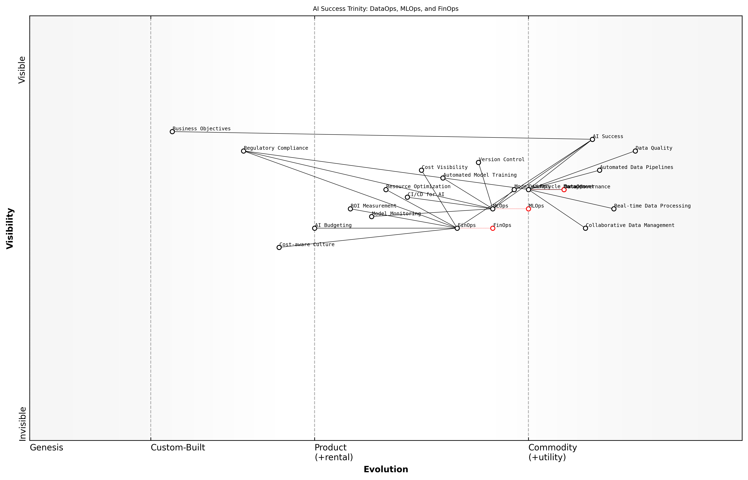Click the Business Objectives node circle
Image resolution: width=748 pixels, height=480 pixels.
tap(172, 132)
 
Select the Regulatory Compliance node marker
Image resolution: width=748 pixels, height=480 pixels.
tap(243, 151)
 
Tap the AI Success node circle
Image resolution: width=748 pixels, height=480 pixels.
tap(592, 139)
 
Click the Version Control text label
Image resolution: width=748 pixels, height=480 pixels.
tap(501, 160)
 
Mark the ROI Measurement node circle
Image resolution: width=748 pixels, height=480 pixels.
tap(350, 209)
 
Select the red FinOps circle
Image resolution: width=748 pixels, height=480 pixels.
tap(493, 228)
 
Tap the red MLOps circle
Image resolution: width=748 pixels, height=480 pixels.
tap(528, 209)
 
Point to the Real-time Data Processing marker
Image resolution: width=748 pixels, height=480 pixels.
tap(614, 209)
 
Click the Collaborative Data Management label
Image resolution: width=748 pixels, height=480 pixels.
tap(630, 225)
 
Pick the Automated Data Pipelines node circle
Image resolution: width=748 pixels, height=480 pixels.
tap(599, 170)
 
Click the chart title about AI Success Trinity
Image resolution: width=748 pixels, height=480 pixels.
tap(385, 9)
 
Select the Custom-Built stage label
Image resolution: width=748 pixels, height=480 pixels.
tap(178, 448)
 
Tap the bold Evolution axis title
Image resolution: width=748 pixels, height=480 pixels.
tap(385, 469)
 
